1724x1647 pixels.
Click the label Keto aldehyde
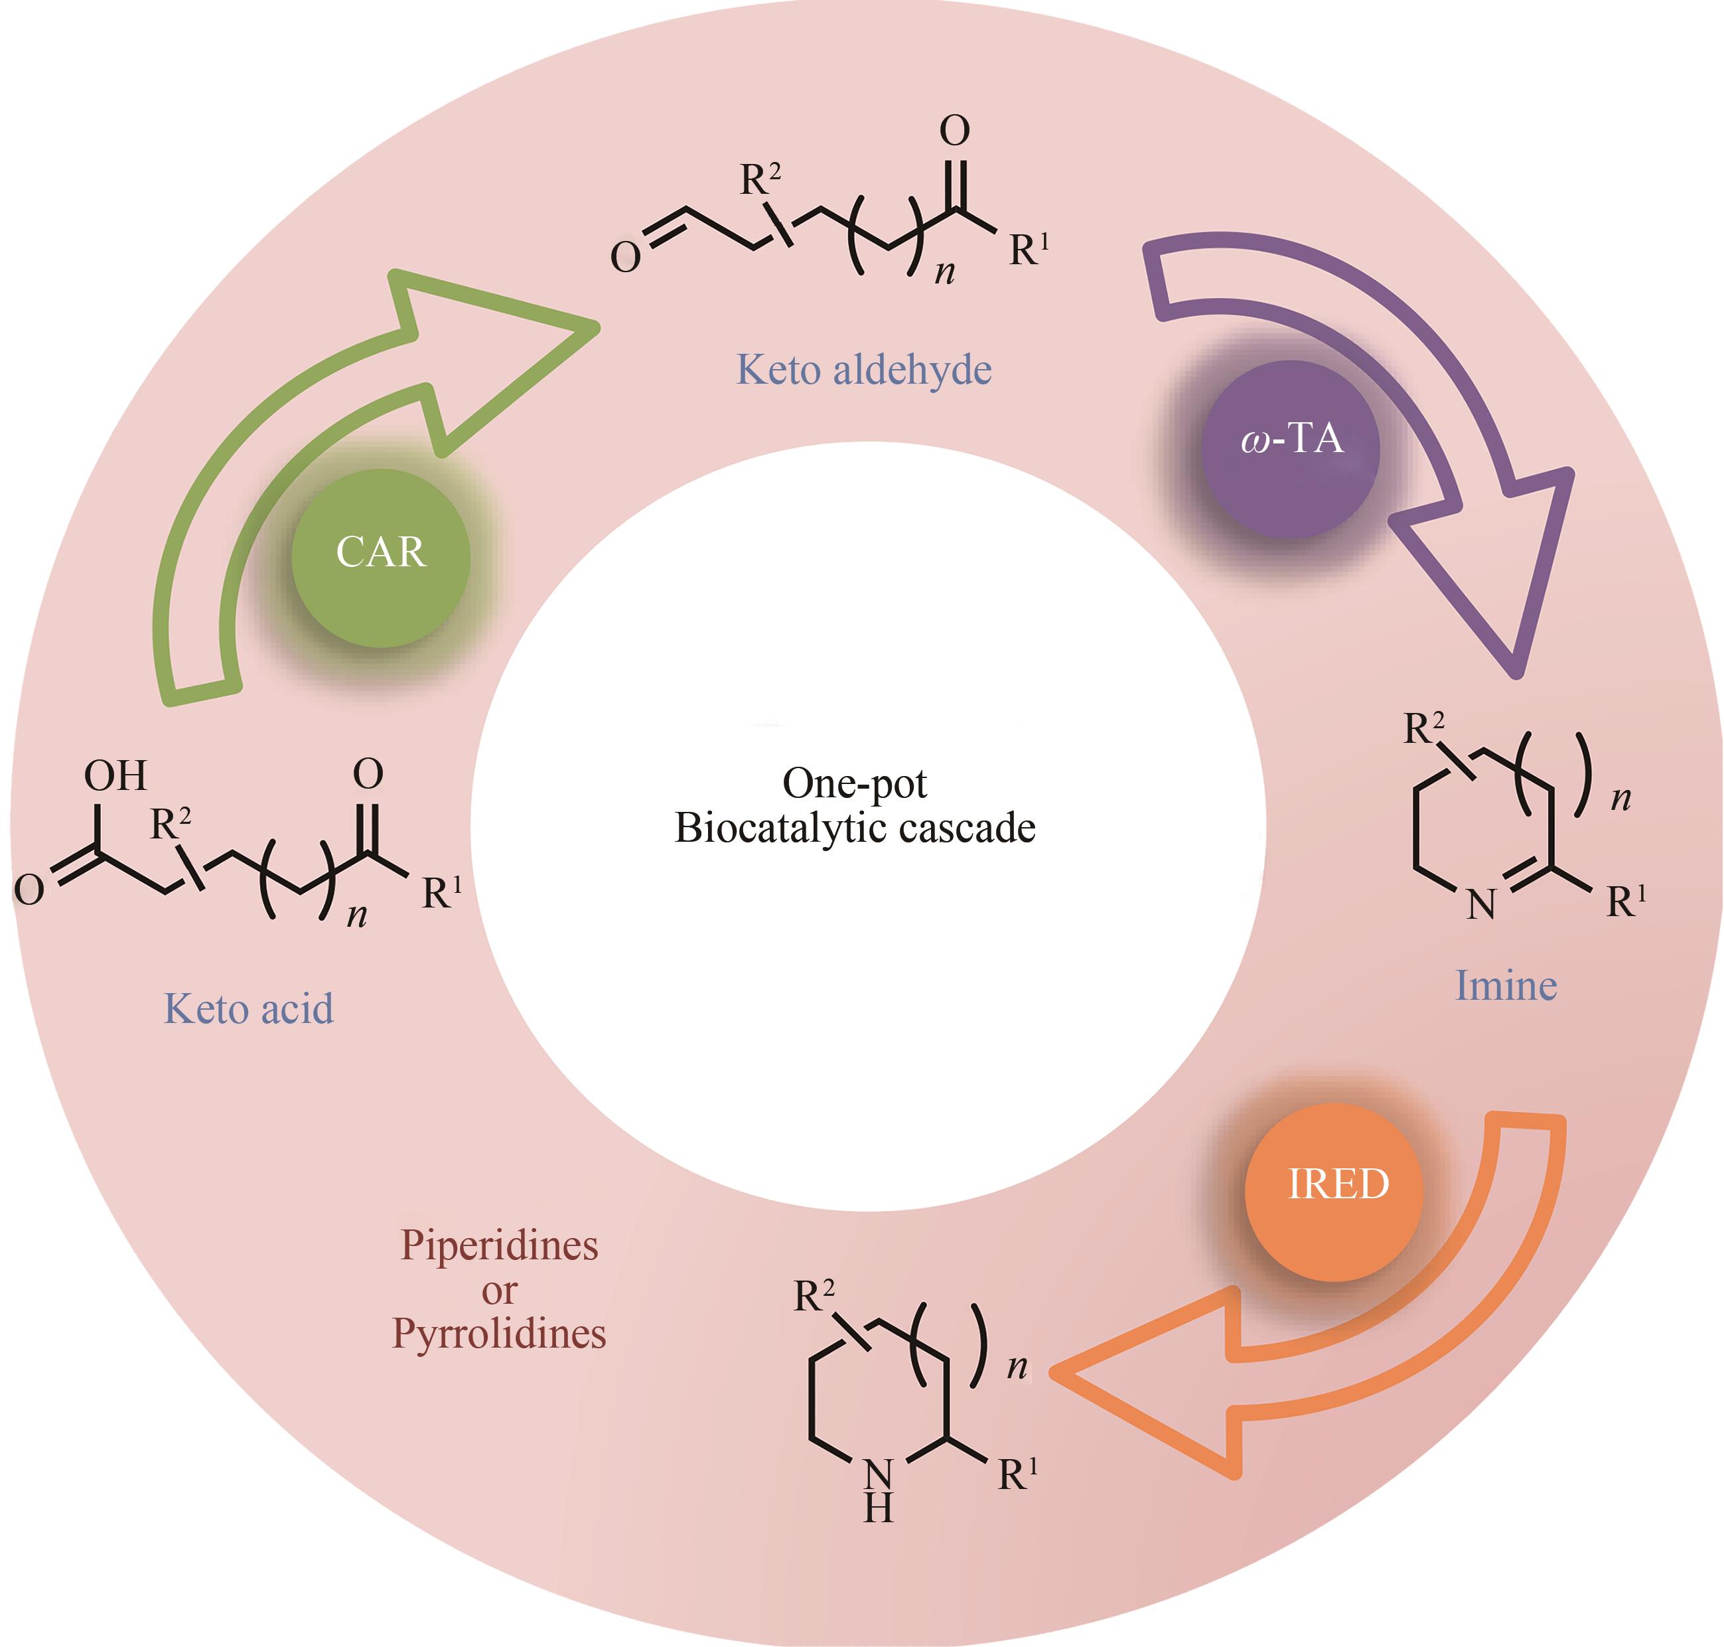click(864, 370)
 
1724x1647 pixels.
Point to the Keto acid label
click(248, 1009)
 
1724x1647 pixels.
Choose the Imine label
click(1506, 986)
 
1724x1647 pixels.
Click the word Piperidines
click(498, 1245)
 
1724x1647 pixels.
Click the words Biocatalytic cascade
click(854, 827)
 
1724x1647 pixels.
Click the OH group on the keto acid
click(115, 775)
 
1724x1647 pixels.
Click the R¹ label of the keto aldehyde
click(1028, 250)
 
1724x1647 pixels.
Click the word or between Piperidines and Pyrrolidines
click(498, 1290)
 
